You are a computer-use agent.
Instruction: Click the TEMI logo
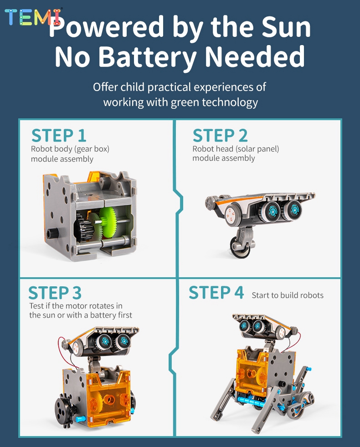click(x=33, y=17)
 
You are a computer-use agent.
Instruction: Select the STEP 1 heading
click(x=59, y=135)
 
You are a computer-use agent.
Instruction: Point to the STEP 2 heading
click(x=220, y=135)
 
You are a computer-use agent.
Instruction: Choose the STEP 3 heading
click(x=55, y=293)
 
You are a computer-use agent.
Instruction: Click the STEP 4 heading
click(x=216, y=292)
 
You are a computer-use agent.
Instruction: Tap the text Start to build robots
click(x=288, y=295)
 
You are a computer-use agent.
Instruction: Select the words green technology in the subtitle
click(x=214, y=102)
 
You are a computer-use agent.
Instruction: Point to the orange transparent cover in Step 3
click(x=108, y=399)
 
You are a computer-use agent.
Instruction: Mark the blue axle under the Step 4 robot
click(x=251, y=401)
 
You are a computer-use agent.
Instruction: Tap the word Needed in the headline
click(x=255, y=56)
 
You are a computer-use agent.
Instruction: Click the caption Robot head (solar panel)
click(x=236, y=149)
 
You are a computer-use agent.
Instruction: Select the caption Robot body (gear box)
click(x=70, y=149)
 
